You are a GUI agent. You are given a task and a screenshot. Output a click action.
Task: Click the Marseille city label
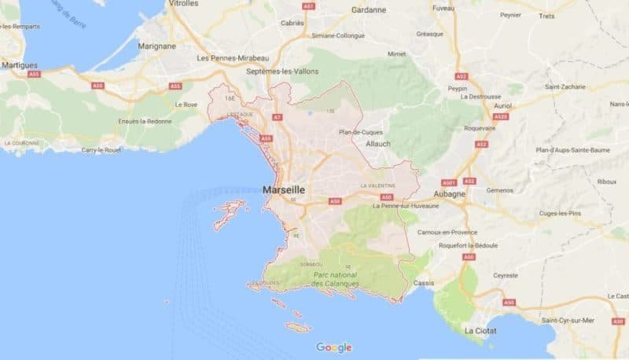(x=284, y=190)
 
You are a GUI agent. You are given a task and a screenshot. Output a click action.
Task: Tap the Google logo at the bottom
(x=334, y=347)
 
